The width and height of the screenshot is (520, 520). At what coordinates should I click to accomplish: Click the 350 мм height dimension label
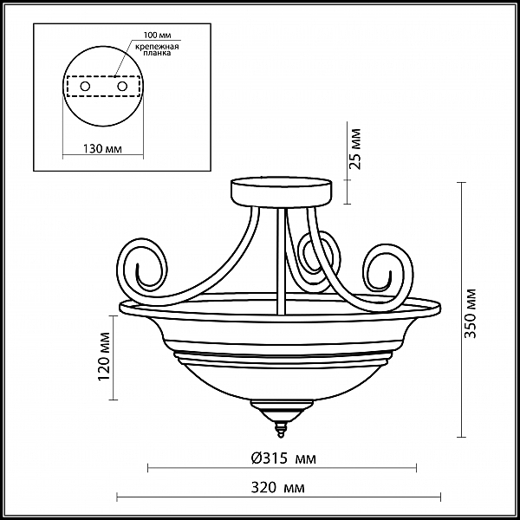470,314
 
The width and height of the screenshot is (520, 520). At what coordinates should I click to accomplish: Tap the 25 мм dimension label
355,149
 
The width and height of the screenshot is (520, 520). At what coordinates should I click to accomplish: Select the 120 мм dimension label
104,357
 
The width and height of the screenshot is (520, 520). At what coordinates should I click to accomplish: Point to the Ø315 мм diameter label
283,458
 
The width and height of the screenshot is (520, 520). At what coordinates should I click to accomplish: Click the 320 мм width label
277,487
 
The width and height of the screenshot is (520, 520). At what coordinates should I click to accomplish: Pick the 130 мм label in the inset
102,149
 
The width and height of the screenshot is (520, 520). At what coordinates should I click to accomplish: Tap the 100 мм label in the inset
157,36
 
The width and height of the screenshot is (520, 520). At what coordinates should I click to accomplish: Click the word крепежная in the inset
157,47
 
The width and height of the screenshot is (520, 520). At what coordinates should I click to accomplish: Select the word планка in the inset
157,53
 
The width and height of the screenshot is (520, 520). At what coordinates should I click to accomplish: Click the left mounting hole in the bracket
85,87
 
